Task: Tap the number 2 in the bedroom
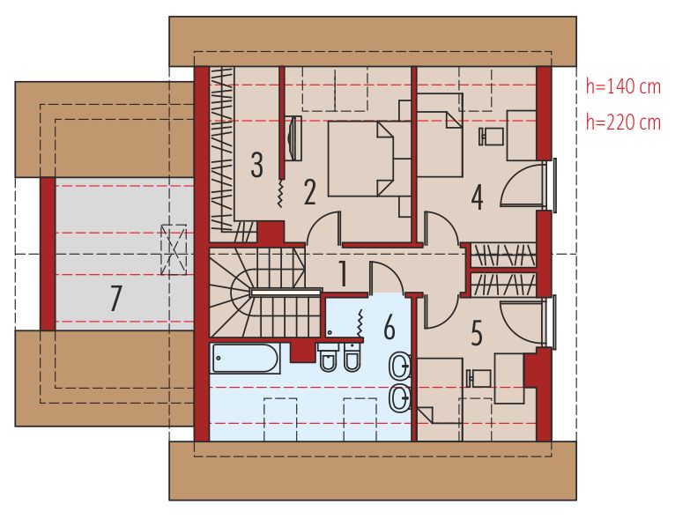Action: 309,191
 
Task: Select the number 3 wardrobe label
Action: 257,164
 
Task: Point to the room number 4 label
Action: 477,197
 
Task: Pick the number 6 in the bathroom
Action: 389,327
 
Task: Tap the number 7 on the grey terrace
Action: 115,300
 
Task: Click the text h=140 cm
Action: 622,86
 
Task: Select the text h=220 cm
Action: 622,122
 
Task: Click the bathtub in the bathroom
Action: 246,359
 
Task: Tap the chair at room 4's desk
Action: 491,137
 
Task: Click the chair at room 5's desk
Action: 478,377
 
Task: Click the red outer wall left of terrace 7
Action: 48,254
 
